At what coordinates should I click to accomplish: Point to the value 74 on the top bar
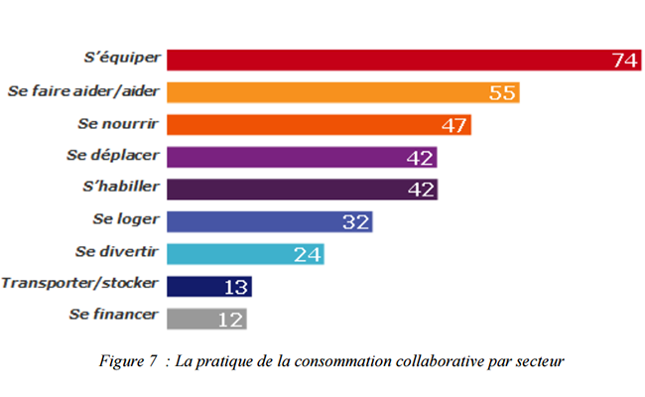click(624, 61)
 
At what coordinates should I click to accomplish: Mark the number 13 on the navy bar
click(235, 286)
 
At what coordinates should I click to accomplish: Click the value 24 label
click(308, 254)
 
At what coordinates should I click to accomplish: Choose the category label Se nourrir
click(118, 124)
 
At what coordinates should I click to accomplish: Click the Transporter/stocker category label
click(79, 284)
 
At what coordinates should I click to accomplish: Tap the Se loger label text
click(125, 219)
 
